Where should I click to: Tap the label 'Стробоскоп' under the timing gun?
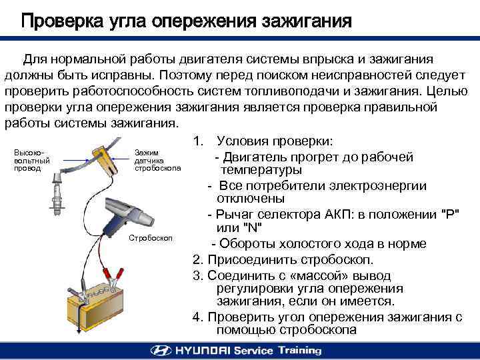pos(151,238)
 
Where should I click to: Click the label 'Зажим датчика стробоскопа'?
pos(157,161)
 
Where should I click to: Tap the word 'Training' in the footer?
pos(300,350)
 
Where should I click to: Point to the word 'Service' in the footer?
pos(253,350)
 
